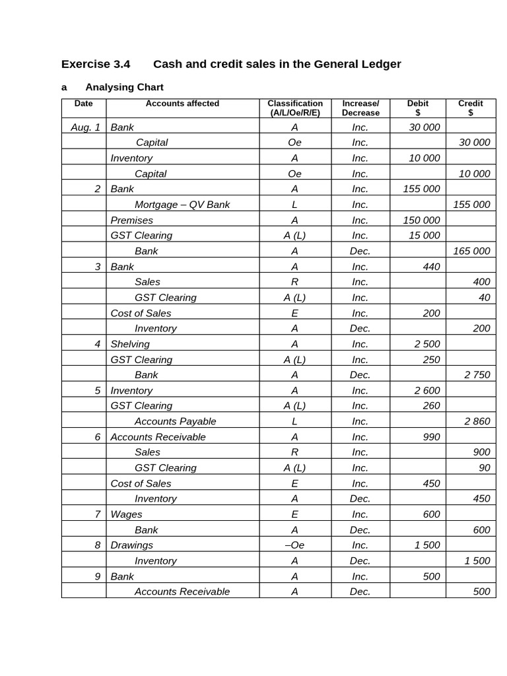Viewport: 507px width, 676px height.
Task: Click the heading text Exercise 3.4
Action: pyautogui.click(x=96, y=64)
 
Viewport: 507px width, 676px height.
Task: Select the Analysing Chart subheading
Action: pyautogui.click(x=124, y=87)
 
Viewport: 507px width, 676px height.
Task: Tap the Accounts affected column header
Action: pyautogui.click(x=182, y=104)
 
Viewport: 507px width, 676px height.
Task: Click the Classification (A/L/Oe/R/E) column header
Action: pyautogui.click(x=295, y=108)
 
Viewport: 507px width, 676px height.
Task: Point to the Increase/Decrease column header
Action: pyautogui.click(x=360, y=108)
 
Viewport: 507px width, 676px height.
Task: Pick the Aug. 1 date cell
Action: pyautogui.click(x=85, y=127)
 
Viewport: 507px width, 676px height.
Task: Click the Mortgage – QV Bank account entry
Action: pyautogui.click(x=182, y=205)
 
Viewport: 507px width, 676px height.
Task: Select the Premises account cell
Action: pyautogui.click(x=131, y=220)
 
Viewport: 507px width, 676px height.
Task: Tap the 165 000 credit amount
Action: pyautogui.click(x=471, y=251)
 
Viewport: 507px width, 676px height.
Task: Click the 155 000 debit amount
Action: pyautogui.click(x=421, y=189)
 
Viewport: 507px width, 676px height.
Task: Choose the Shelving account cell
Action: pyautogui.click(x=130, y=344)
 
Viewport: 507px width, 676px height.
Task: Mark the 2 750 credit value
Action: pyautogui.click(x=477, y=374)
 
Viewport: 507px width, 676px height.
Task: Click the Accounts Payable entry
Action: pyautogui.click(x=175, y=421)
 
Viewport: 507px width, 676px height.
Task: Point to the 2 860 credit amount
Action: pyautogui.click(x=477, y=421)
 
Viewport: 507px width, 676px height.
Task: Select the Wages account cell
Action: pyautogui.click(x=126, y=514)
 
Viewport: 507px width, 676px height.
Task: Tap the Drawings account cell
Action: pyautogui.click(x=131, y=545)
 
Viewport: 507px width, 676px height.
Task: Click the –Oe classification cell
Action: pyautogui.click(x=294, y=545)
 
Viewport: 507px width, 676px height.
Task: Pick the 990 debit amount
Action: pyautogui.click(x=431, y=437)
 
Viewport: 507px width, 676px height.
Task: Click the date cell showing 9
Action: pyautogui.click(x=97, y=576)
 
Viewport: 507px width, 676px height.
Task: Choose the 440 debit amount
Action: pyautogui.click(x=431, y=267)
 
